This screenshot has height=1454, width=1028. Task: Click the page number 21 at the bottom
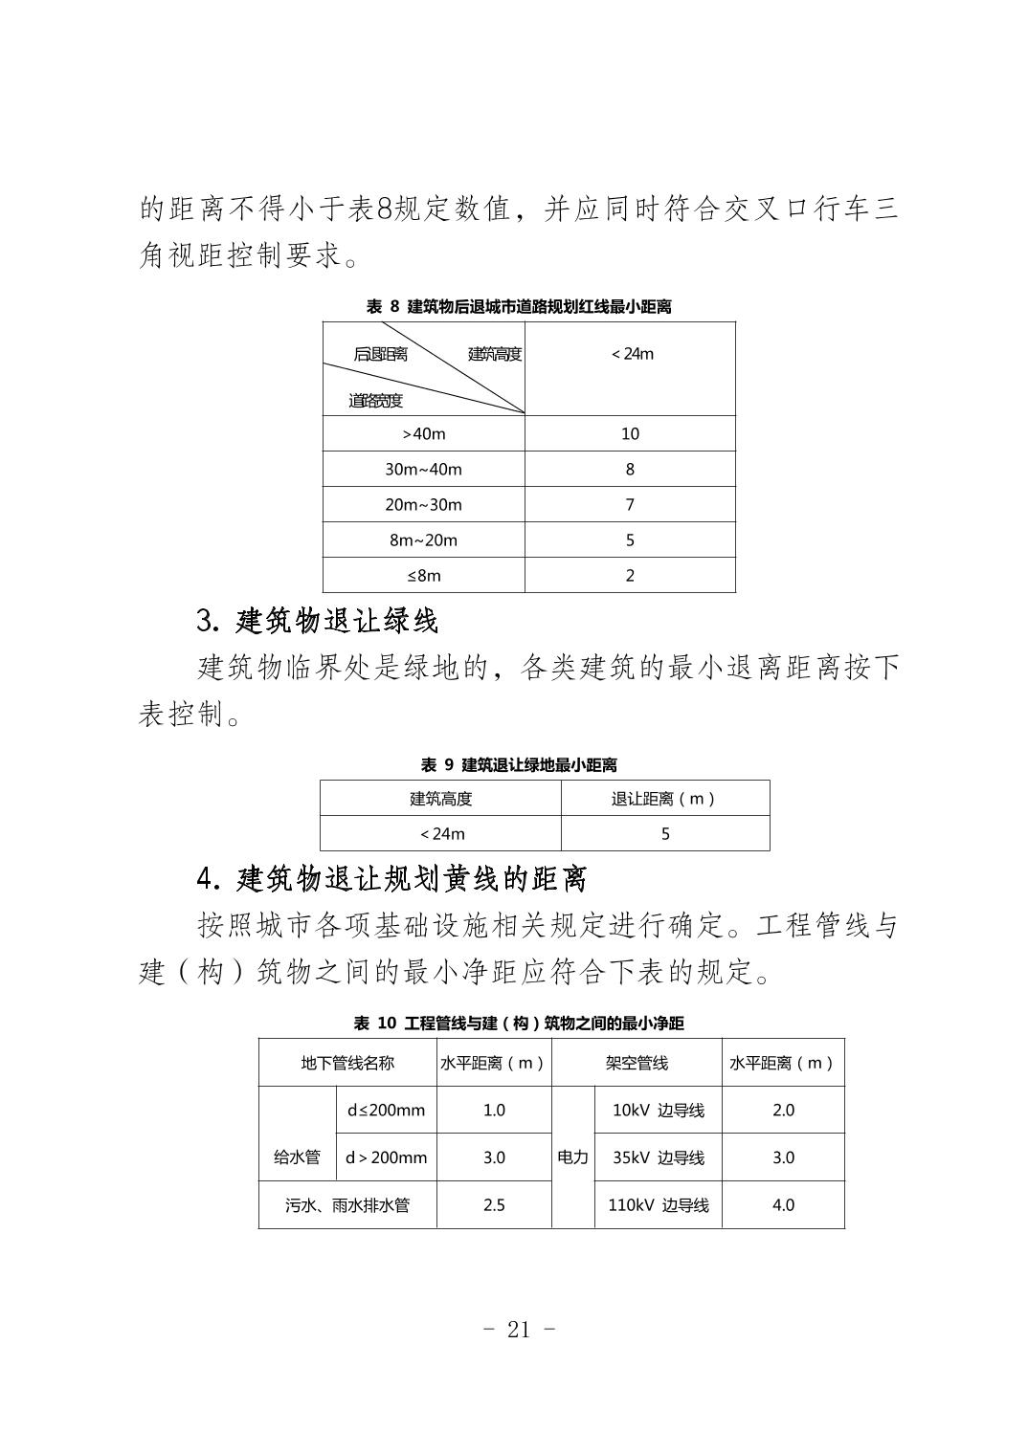(518, 1330)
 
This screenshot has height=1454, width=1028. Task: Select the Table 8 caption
(519, 307)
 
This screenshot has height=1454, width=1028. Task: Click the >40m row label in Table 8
(424, 434)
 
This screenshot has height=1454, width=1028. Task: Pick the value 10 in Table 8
(630, 434)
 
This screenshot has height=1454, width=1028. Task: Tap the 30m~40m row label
(423, 470)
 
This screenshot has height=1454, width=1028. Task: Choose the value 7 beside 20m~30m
(630, 505)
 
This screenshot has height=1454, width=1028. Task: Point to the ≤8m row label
(424, 576)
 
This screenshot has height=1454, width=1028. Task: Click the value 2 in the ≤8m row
(630, 576)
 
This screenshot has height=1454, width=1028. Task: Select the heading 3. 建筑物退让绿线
(317, 622)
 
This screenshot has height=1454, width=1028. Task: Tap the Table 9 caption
(519, 765)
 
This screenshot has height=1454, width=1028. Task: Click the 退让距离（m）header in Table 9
(664, 799)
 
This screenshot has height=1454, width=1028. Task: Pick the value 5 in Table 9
(665, 834)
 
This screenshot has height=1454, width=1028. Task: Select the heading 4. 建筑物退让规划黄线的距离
(391, 878)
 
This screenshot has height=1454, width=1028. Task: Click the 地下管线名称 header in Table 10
(347, 1063)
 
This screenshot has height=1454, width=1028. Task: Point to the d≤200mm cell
(386, 1111)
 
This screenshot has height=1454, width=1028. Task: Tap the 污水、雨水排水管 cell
(347, 1205)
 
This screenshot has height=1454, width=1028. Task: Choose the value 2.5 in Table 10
(494, 1205)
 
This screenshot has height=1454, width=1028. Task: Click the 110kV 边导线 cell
(659, 1205)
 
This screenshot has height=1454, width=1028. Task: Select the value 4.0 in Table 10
(783, 1205)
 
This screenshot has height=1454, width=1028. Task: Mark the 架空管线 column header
(637, 1063)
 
